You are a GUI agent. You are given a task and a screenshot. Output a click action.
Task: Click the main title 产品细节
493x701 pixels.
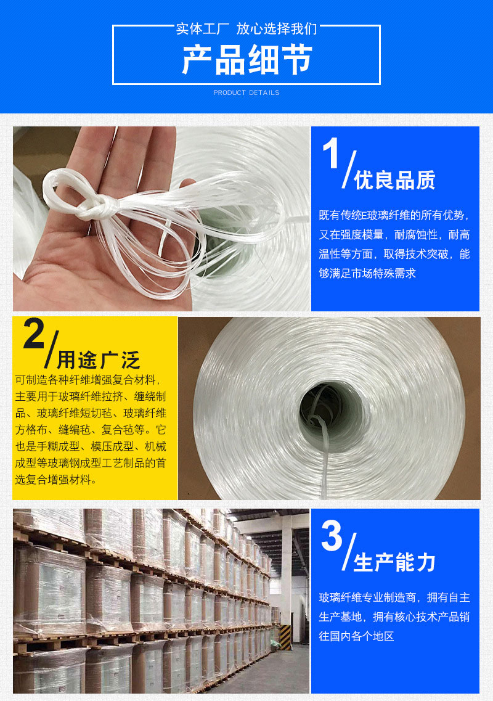pyautogui.click(x=246, y=60)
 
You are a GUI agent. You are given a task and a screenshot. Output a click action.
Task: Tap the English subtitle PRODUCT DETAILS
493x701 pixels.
pyautogui.click(x=246, y=92)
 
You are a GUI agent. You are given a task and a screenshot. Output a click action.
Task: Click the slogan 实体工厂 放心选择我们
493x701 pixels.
pyautogui.click(x=246, y=28)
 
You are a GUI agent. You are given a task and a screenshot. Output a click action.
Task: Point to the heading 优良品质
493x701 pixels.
pyautogui.click(x=394, y=180)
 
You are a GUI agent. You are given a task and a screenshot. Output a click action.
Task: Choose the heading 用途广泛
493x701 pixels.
pyautogui.click(x=99, y=359)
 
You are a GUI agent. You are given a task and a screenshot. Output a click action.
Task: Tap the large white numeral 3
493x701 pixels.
pyautogui.click(x=332, y=536)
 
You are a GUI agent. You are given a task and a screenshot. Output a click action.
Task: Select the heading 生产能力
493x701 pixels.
pyautogui.click(x=394, y=562)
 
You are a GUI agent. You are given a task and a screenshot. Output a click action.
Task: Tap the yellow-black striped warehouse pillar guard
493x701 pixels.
pyautogui.click(x=285, y=637)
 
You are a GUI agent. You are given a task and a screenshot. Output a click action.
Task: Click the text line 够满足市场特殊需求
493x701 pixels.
pyautogui.click(x=367, y=273)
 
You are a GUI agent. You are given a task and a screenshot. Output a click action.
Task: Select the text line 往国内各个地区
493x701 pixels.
pyautogui.click(x=356, y=636)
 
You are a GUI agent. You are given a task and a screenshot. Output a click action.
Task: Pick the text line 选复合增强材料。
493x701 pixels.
pyautogui.click(x=56, y=480)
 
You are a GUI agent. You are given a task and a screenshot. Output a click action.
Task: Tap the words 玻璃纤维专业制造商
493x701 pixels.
pyautogui.click(x=367, y=597)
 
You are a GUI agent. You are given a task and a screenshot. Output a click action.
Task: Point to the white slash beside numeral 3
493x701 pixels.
pyautogui.click(x=349, y=552)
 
